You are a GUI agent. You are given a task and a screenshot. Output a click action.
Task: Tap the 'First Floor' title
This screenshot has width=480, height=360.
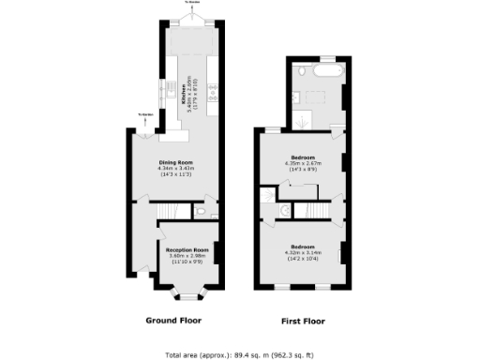click(303, 322)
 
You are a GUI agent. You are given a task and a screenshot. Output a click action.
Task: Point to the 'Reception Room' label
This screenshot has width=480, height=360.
click(186, 250)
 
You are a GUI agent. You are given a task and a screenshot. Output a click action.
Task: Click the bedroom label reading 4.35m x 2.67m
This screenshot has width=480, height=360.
click(303, 157)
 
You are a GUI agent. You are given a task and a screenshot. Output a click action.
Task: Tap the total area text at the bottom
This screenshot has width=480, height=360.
click(240, 354)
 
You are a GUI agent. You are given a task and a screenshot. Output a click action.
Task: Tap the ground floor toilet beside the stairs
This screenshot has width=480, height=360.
click(202, 214)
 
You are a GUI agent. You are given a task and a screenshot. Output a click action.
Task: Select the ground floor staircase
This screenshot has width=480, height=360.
click(144, 239)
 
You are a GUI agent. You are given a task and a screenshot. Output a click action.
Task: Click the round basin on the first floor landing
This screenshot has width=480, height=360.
click(283, 213)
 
